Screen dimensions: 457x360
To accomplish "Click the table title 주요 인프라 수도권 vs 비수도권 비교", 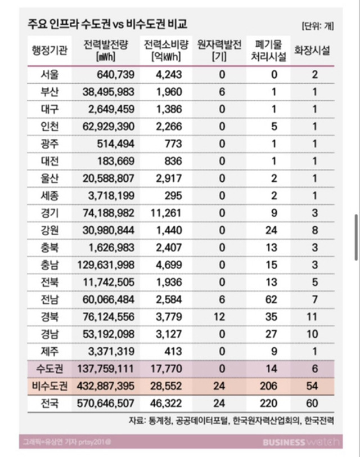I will point(107,24).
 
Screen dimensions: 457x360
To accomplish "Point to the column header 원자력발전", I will point(220,44).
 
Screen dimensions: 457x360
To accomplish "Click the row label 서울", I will point(49,74).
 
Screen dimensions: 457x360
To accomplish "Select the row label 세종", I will point(49,196).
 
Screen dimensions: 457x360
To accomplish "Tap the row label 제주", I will point(49,352).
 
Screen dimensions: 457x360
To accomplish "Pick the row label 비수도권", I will point(49,386).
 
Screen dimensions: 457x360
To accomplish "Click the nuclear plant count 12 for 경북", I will point(220,317).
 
